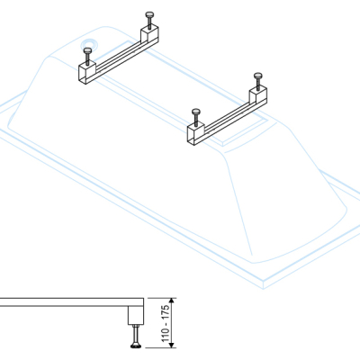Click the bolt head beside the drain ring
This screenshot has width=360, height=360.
(x=87, y=50)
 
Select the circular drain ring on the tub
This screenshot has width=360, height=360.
(x=89, y=45)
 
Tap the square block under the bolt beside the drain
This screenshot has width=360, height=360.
(x=87, y=72)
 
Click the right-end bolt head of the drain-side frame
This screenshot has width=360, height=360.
(x=149, y=14)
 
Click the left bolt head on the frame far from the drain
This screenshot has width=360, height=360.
(x=196, y=112)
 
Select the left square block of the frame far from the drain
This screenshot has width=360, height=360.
(x=196, y=133)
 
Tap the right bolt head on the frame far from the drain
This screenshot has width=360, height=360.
(x=258, y=76)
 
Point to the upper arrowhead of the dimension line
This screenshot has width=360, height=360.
(x=172, y=301)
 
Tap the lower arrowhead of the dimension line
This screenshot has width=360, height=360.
(x=172, y=345)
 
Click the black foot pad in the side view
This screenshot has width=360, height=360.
(x=136, y=346)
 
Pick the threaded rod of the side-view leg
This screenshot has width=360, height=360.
(x=136, y=335)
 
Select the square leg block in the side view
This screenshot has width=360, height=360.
(x=136, y=315)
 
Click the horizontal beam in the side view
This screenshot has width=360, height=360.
(x=72, y=302)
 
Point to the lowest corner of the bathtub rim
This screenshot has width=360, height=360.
(x=264, y=289)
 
